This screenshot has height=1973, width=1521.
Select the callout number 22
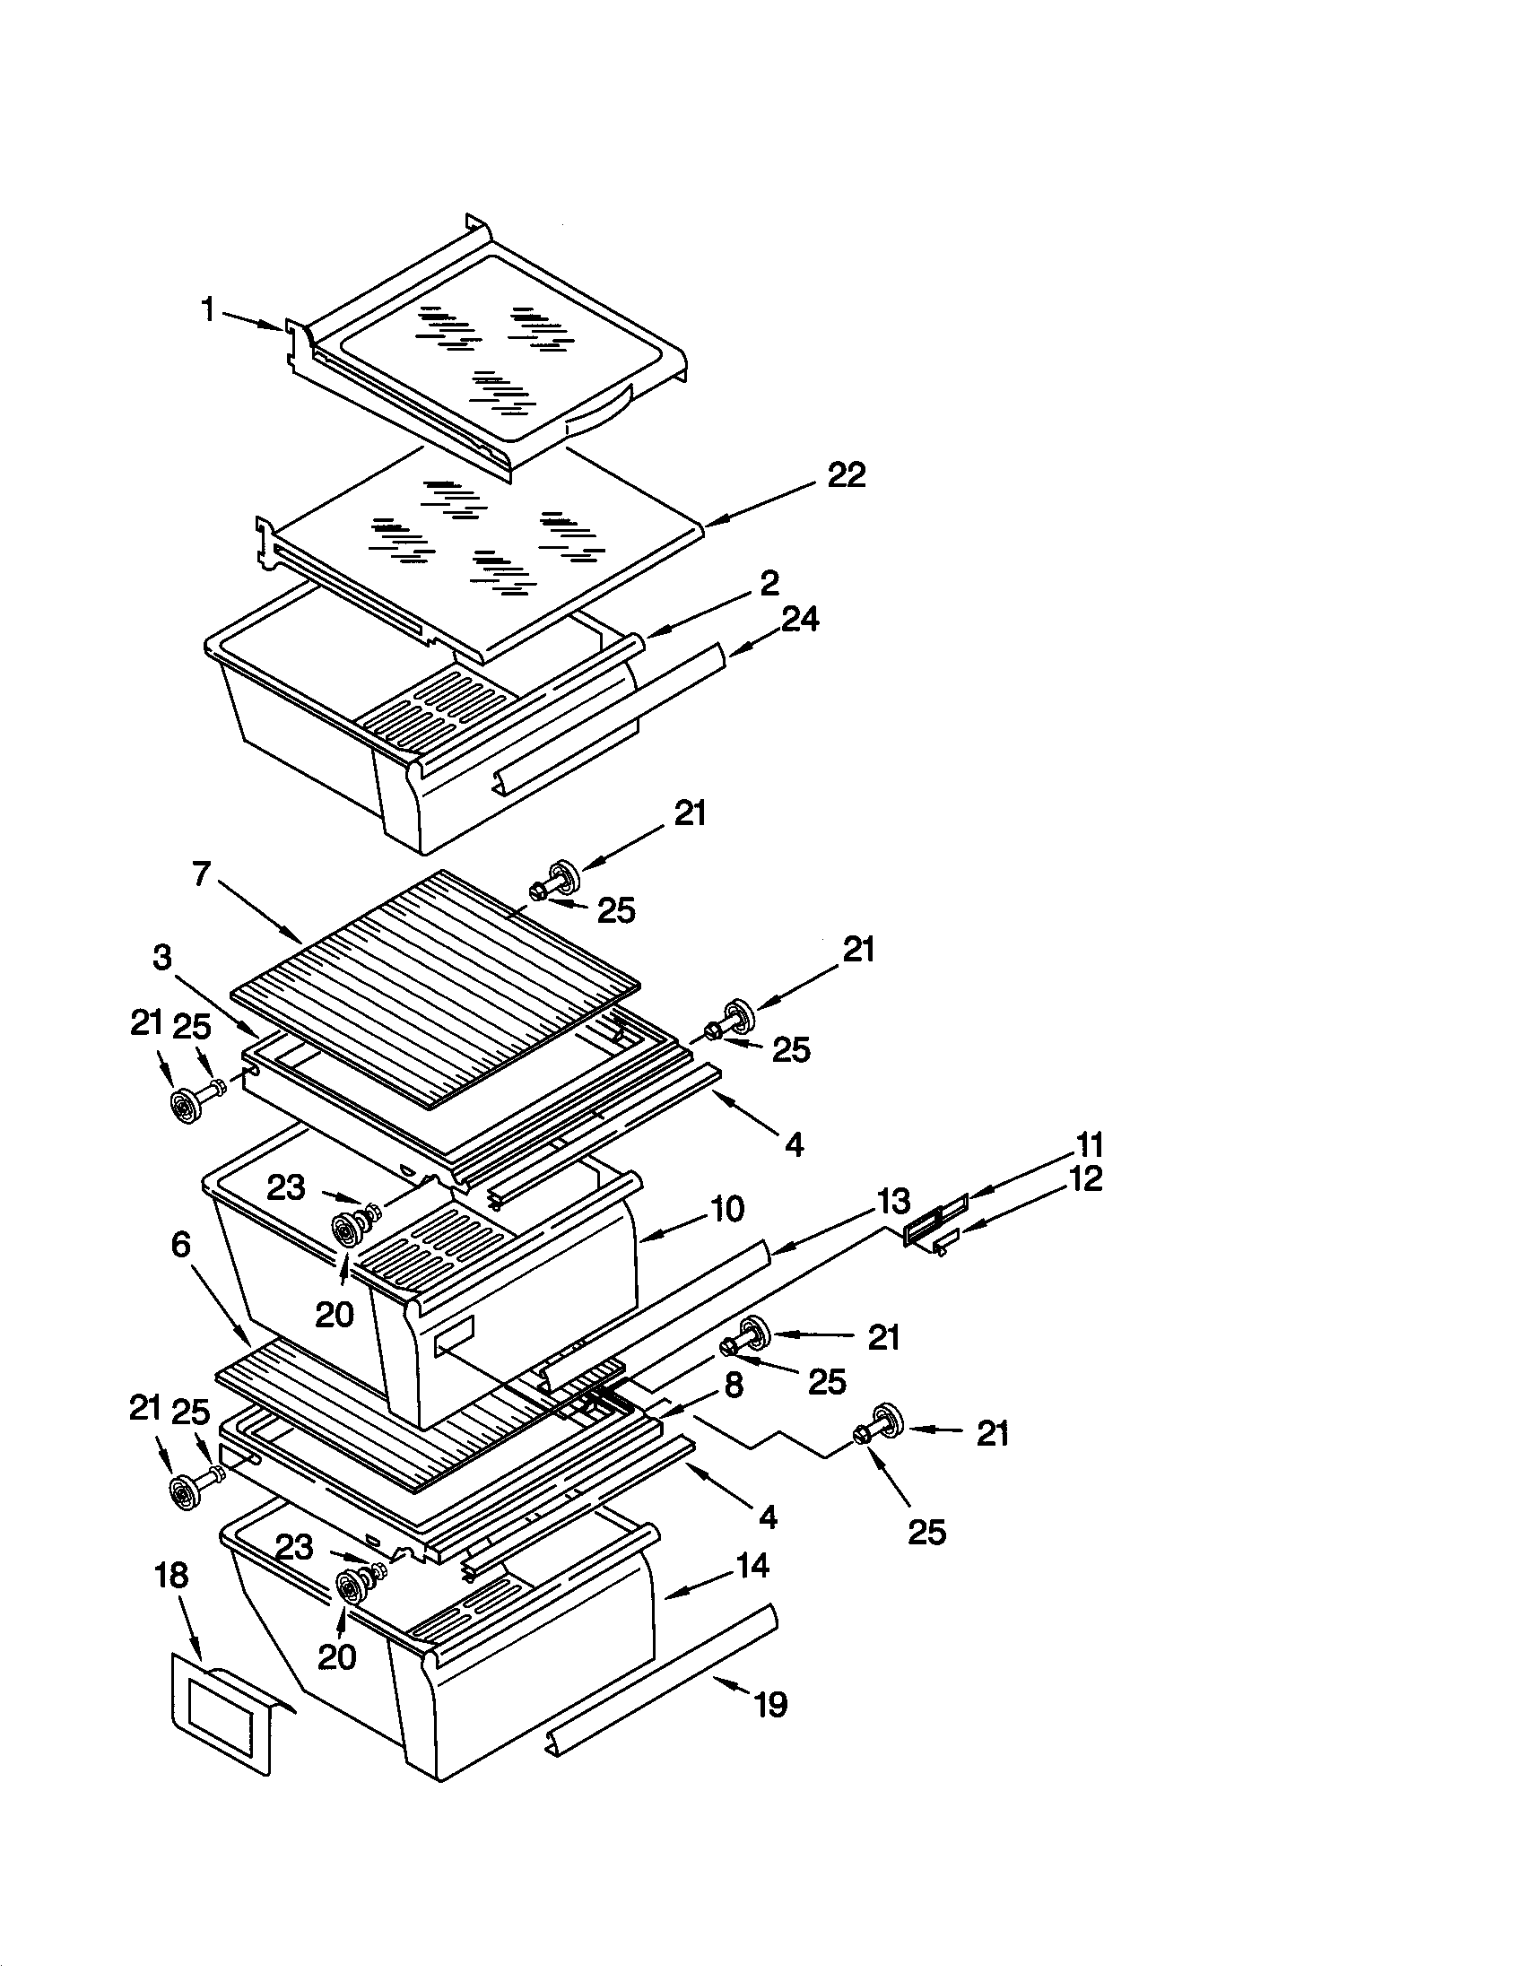pyautogui.click(x=847, y=476)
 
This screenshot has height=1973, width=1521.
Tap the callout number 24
pyautogui.click(x=800, y=620)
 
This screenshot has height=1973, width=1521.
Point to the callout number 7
pyautogui.click(x=201, y=874)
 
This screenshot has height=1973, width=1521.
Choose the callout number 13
pyautogui.click(x=893, y=1202)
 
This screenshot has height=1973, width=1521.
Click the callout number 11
pyautogui.click(x=1090, y=1145)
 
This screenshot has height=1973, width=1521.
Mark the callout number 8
pyautogui.click(x=734, y=1384)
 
